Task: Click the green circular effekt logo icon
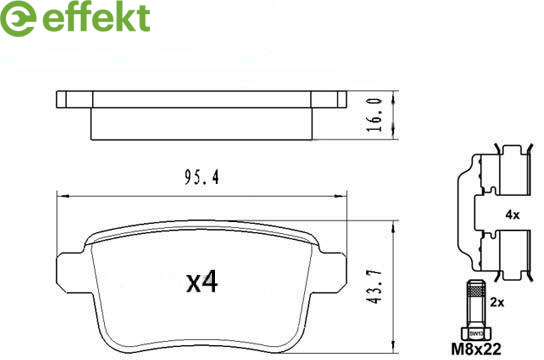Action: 17,18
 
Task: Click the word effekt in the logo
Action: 96,17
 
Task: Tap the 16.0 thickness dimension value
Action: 375,115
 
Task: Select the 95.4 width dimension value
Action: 202,178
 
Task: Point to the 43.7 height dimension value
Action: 375,286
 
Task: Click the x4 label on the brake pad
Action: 202,281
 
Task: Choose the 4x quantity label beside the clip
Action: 512,215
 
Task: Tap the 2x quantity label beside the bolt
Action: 497,302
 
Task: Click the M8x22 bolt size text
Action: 476,349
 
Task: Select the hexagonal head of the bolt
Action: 476,333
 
